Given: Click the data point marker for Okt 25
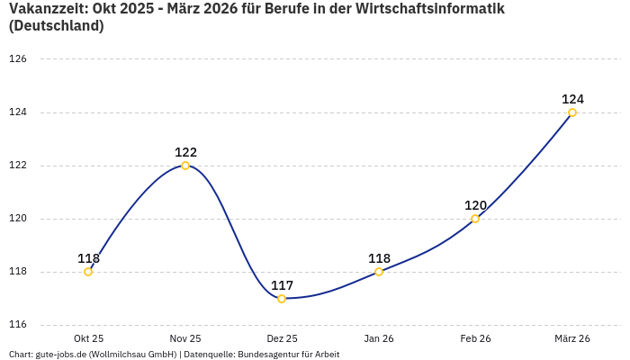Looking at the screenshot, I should click(88, 272).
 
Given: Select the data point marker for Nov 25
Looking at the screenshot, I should click(185, 166).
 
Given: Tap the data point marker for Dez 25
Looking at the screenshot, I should click(282, 299).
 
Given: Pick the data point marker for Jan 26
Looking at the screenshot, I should click(379, 272).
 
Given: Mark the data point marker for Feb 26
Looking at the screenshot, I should click(475, 219).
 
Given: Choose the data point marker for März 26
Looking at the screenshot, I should click(572, 112).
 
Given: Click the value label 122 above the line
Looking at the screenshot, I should click(185, 152).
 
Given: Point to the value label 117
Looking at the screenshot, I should click(282, 285).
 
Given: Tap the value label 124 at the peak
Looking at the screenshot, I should click(572, 99).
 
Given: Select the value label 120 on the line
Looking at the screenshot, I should click(475, 205).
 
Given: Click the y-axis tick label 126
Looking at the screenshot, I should click(18, 59).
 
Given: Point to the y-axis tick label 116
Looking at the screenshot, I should click(18, 325).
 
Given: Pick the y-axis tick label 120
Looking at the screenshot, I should click(18, 219).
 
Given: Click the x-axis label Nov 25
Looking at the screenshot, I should click(185, 338).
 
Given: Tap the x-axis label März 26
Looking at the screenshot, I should click(572, 338).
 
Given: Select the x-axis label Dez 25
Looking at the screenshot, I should click(282, 338).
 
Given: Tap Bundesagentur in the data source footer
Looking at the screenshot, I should click(265, 355).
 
